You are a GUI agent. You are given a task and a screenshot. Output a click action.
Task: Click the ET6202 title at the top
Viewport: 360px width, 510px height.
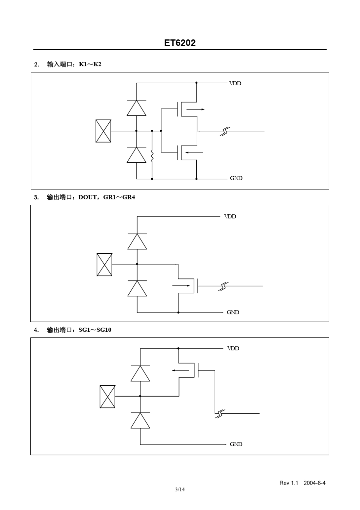tap(180, 43)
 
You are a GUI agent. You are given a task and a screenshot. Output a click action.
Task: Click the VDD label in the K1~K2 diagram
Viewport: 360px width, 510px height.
tap(235, 83)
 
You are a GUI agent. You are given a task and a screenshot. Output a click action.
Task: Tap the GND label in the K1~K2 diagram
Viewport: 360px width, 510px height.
tap(236, 178)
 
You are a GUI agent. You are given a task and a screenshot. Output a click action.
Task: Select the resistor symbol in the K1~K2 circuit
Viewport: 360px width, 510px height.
tap(152, 156)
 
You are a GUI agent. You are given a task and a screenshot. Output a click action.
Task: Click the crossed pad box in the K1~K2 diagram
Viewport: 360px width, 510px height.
tap(103, 131)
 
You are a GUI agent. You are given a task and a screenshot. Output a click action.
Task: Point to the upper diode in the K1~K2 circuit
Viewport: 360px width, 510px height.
tap(136, 108)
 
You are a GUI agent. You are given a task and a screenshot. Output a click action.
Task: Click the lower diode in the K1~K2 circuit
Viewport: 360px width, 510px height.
tap(136, 155)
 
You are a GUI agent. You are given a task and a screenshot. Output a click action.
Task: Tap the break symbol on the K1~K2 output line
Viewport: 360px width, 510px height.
tap(225, 131)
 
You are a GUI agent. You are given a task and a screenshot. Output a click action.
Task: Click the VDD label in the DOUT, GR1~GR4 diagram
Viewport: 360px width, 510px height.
tap(230, 217)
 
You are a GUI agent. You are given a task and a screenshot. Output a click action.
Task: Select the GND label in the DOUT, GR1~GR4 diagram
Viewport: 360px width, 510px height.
tap(233, 312)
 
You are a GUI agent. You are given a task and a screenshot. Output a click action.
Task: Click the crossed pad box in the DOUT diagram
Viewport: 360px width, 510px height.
tap(104, 264)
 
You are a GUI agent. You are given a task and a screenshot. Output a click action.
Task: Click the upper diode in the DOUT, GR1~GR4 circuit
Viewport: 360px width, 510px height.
tap(137, 242)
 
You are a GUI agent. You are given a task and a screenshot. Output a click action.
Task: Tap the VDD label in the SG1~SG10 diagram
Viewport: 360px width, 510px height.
tap(233, 348)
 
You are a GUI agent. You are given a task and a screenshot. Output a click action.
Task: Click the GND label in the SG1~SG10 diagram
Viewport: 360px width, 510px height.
tap(236, 444)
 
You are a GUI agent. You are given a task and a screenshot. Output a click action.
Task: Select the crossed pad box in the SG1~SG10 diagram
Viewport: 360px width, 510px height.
tap(107, 397)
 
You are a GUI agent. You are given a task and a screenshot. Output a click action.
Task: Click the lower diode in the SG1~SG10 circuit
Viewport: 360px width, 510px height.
tap(140, 421)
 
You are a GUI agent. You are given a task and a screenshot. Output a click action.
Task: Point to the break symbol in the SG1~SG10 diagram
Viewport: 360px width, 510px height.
tap(220, 414)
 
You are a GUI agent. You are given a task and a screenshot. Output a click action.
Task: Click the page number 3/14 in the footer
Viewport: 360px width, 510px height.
tap(180, 490)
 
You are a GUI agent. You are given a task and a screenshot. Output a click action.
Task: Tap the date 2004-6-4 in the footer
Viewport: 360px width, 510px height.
tap(314, 483)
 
